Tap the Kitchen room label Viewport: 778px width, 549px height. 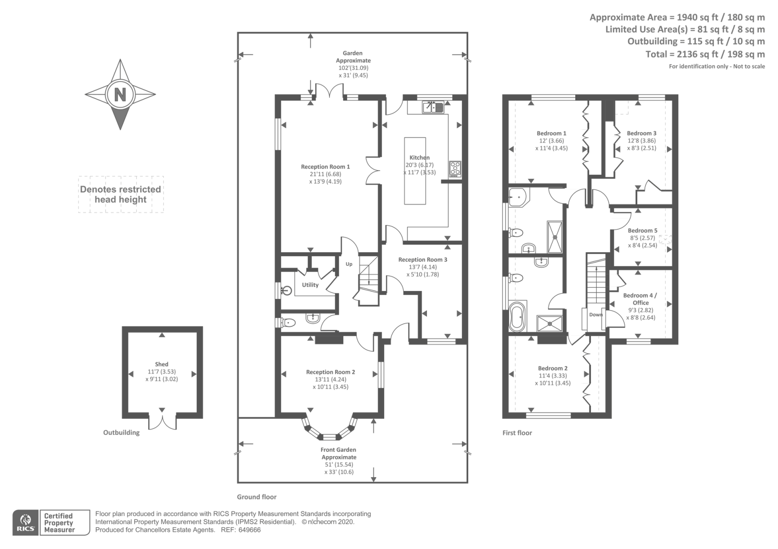419,157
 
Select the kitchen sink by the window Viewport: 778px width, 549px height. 432,106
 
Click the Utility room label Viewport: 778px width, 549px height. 310,285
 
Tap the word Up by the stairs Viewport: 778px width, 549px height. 349,264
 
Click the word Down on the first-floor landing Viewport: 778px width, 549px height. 596,315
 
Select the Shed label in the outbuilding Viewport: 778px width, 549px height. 161,364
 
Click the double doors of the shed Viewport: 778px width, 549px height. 162,421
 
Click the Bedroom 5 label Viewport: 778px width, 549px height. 642,231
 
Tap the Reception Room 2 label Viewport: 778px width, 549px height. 330,372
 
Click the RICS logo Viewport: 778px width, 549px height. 25,523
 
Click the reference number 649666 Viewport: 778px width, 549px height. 250,530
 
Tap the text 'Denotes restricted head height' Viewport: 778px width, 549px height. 121,194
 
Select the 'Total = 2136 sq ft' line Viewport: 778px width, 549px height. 705,54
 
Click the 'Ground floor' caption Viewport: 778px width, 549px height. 257,497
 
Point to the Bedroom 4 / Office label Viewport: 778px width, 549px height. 640,299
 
